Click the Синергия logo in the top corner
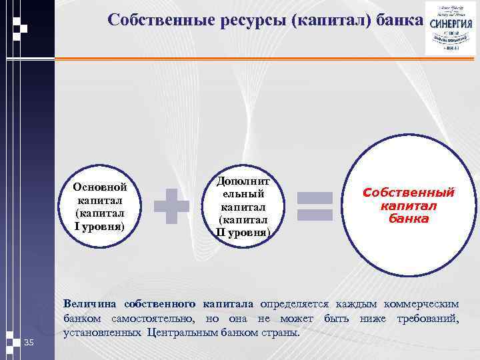coord(451,30)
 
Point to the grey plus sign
coord(171,205)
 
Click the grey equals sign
coord(315,205)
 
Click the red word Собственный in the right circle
coord(408,193)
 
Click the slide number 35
coord(29,343)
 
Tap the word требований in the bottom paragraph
coord(427,318)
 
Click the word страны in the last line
coord(281,332)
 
